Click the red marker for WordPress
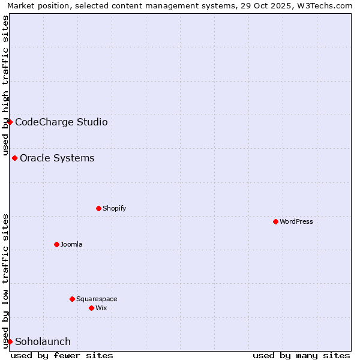275,221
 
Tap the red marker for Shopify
98,208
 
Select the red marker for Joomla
56,244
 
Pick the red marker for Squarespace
72,299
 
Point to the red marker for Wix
91,308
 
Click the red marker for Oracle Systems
14,158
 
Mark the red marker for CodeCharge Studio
10,122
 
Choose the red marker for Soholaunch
10,341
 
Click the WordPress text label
296,221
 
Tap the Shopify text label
114,208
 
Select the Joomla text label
71,244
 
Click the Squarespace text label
97,299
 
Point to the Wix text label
101,308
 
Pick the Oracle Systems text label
57,158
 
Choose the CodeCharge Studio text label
61,122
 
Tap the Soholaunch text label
43,341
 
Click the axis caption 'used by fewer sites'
62,355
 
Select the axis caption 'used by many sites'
301,355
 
